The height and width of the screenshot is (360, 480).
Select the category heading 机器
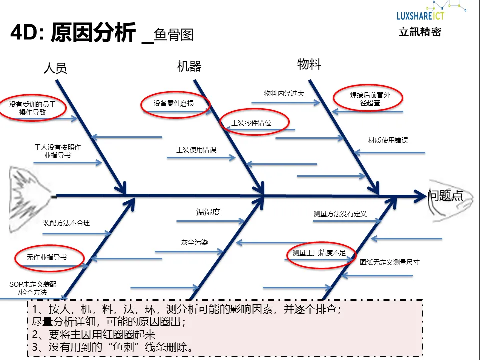coord(189,66)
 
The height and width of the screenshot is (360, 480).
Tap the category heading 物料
coord(309,64)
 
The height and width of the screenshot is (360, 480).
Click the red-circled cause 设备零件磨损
coord(174,104)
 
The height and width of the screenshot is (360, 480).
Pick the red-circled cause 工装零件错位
coord(255,123)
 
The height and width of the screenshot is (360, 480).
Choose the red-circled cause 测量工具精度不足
coord(319,253)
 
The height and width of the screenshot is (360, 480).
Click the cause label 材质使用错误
coord(388,140)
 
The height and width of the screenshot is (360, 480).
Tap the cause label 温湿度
coord(208,212)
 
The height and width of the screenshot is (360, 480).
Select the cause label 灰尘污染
coord(194,242)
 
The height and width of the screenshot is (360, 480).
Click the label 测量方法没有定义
coord(340,214)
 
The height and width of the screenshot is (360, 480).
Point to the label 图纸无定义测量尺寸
coord(389,262)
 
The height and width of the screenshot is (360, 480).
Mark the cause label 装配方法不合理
coord(66,223)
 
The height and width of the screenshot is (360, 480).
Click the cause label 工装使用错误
coord(196,150)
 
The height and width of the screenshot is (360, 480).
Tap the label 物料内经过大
coord(284,93)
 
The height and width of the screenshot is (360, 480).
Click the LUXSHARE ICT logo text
coord(420,15)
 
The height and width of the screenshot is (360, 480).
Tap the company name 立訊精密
coord(420,32)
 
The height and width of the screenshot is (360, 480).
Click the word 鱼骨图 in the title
coord(174,35)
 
